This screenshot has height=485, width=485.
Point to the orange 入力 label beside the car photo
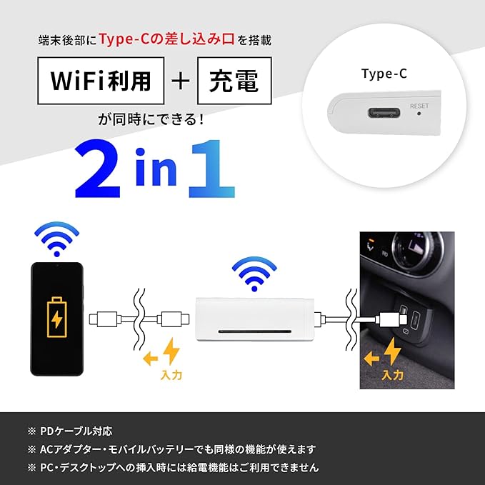pos(392,374)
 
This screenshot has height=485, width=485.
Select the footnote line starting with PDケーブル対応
pos(75,432)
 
